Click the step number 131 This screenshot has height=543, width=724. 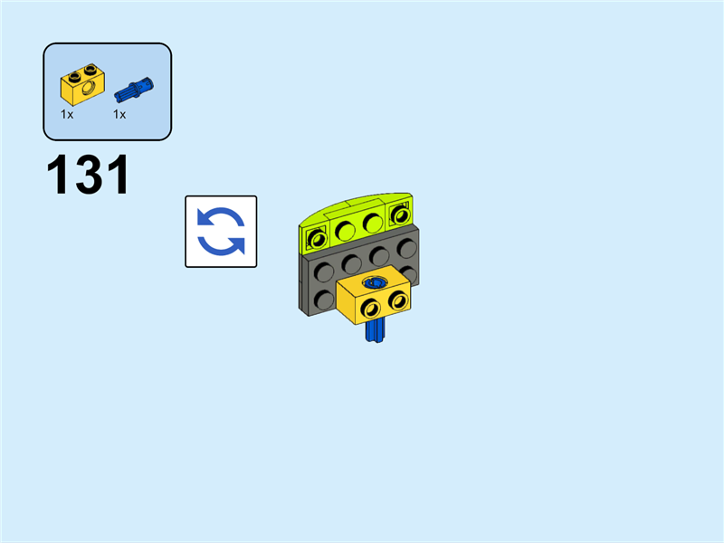coord(88,176)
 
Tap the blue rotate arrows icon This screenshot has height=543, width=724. coord(221,232)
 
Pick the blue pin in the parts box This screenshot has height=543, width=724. coord(134,89)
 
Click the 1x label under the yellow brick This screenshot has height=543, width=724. coord(67,115)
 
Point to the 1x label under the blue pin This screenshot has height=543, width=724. coord(119,115)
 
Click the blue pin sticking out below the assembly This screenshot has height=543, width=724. coord(373,335)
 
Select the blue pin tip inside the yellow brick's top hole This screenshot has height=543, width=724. coord(373,283)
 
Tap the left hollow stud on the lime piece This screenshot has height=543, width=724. coord(316,239)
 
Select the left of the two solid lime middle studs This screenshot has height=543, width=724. coord(344,230)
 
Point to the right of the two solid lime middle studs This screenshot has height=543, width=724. coord(371,223)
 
